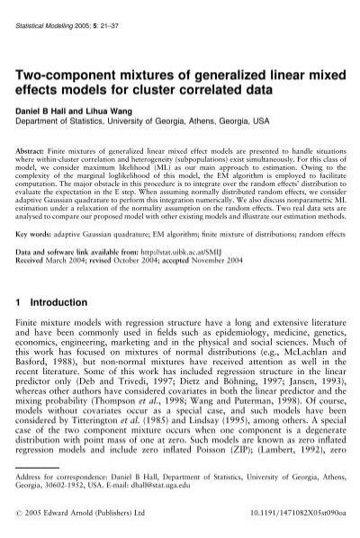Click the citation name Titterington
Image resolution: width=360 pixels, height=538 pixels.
(x=107, y=440)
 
